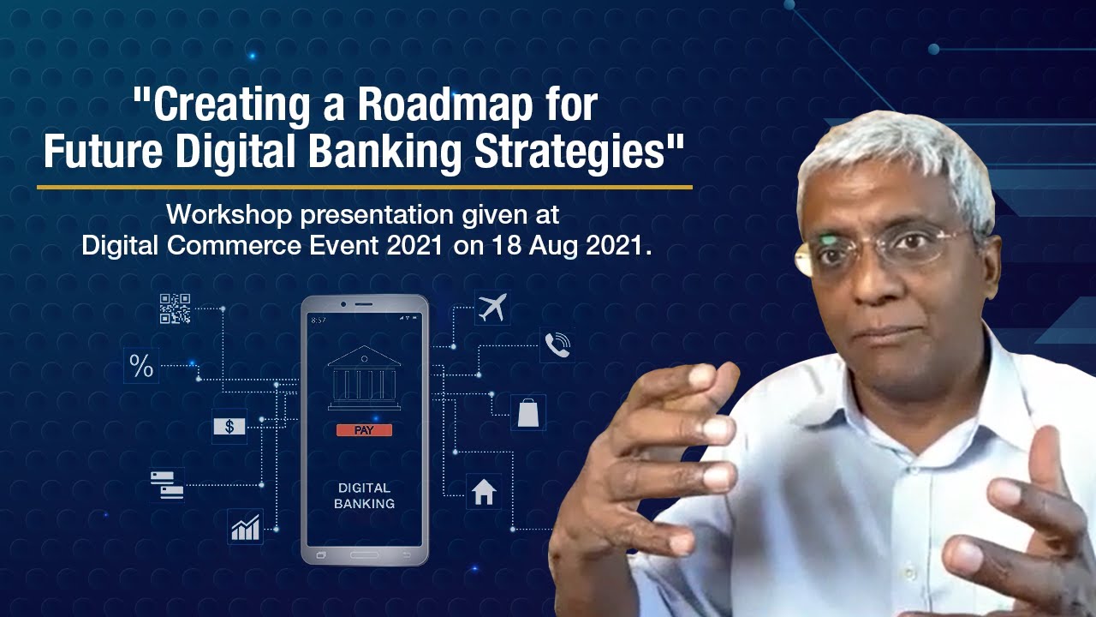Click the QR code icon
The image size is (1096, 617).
pos(176,308)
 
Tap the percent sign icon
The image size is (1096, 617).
pos(141,366)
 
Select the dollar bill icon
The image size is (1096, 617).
pos(229,426)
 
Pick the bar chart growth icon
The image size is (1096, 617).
pos(245,526)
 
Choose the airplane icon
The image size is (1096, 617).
pos(492,307)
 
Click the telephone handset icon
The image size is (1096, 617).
pos(557,345)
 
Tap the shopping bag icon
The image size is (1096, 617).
pos(528,412)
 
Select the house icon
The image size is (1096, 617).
pos(484,492)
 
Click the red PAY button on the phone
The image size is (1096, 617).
pos(364,430)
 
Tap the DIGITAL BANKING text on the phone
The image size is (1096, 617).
pos(364,496)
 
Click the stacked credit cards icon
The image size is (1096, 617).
pos(167,484)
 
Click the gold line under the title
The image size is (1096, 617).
pos(364,186)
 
